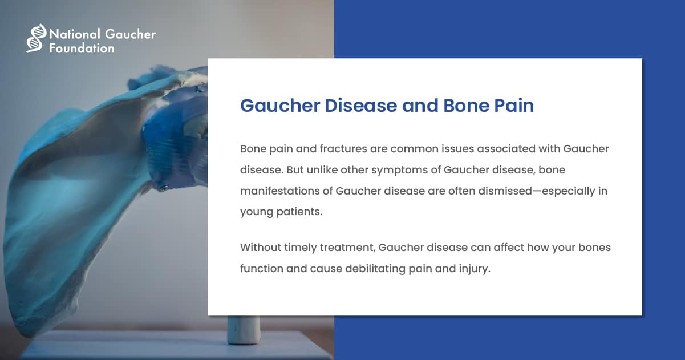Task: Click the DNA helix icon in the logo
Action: (x=36, y=38)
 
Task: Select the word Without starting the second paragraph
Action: (x=261, y=248)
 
